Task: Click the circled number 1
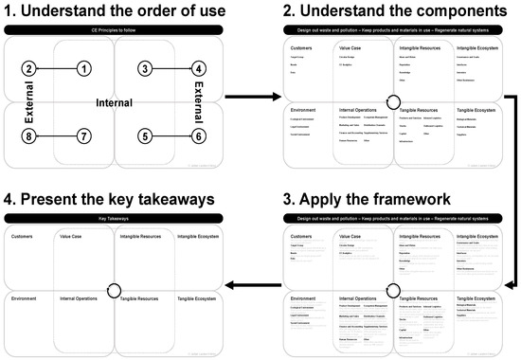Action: (x=85, y=68)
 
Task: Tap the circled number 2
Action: (x=30, y=68)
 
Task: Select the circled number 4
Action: (x=199, y=68)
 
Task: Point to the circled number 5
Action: (x=143, y=136)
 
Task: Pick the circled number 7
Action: (x=85, y=136)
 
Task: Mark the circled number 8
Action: (x=30, y=136)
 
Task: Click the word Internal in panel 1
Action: (x=115, y=102)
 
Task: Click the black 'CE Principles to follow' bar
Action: (x=115, y=30)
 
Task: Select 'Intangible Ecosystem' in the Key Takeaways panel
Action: (x=193, y=236)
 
